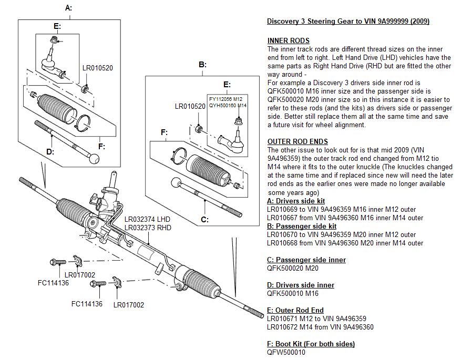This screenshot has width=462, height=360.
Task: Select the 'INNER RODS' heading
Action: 288,40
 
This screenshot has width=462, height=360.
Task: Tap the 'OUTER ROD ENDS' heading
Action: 297,141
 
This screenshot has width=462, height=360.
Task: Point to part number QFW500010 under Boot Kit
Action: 286,352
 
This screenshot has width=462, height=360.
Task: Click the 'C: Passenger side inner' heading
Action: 306,260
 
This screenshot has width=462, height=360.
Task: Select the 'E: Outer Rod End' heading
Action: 295,310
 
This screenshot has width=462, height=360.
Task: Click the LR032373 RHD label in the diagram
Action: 148,228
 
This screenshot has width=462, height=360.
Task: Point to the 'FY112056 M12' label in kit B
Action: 225,99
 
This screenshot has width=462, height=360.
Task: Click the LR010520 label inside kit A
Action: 98,68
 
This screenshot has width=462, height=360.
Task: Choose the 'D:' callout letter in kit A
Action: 50,152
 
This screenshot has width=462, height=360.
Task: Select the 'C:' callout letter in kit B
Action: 205,219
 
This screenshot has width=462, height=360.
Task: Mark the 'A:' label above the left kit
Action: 68,8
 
